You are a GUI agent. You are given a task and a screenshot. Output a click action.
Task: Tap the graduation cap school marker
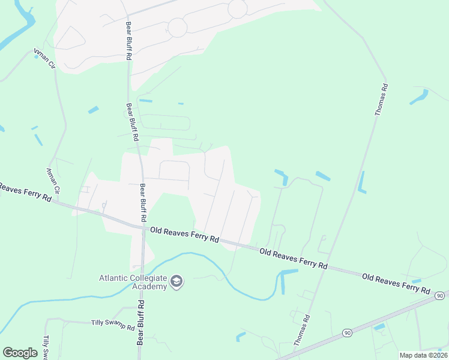click(x=176, y=281)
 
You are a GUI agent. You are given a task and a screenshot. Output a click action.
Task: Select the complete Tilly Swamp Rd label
click(x=113, y=325)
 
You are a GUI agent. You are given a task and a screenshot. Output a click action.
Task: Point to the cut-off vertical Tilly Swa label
click(x=46, y=347)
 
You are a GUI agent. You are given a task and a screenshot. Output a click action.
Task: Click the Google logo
click(x=20, y=353)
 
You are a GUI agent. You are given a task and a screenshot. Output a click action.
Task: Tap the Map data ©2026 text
click(x=423, y=355)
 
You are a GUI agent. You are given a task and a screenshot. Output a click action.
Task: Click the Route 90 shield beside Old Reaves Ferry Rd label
click(x=440, y=296)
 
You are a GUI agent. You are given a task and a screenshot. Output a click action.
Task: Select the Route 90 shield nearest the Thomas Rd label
click(x=346, y=332)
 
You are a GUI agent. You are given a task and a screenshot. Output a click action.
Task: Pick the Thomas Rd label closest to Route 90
click(x=302, y=331)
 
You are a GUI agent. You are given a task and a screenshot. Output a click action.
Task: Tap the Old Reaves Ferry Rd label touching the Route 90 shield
click(x=396, y=283)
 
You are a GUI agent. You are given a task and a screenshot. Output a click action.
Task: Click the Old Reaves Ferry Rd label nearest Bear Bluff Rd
click(x=184, y=234)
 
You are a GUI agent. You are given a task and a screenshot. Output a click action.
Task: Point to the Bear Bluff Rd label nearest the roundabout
click(x=128, y=41)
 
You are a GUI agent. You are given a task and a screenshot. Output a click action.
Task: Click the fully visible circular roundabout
click(x=177, y=27)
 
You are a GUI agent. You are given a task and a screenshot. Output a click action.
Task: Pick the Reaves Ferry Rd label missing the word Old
click(x=25, y=193)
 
